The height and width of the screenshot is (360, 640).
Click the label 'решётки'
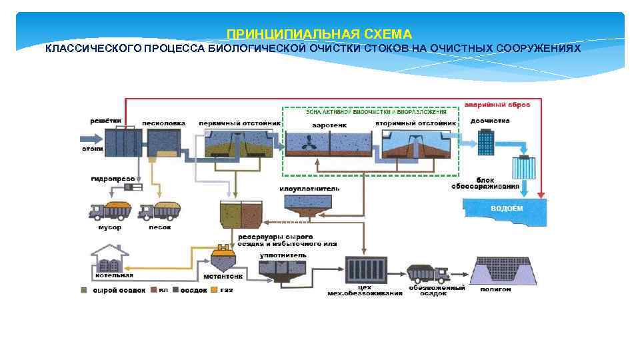tap(106, 121)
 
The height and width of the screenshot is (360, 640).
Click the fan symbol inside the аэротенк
tap(309, 144)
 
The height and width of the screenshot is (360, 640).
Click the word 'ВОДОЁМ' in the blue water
tap(507, 208)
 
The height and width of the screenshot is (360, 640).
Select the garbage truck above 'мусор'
tap(111, 211)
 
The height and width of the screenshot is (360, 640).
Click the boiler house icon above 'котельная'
tap(111, 257)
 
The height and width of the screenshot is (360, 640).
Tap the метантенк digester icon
tap(223, 257)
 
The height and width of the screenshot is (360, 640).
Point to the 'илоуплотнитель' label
tap(309, 189)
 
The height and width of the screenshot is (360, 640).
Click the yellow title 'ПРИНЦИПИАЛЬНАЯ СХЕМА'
tap(319, 34)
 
